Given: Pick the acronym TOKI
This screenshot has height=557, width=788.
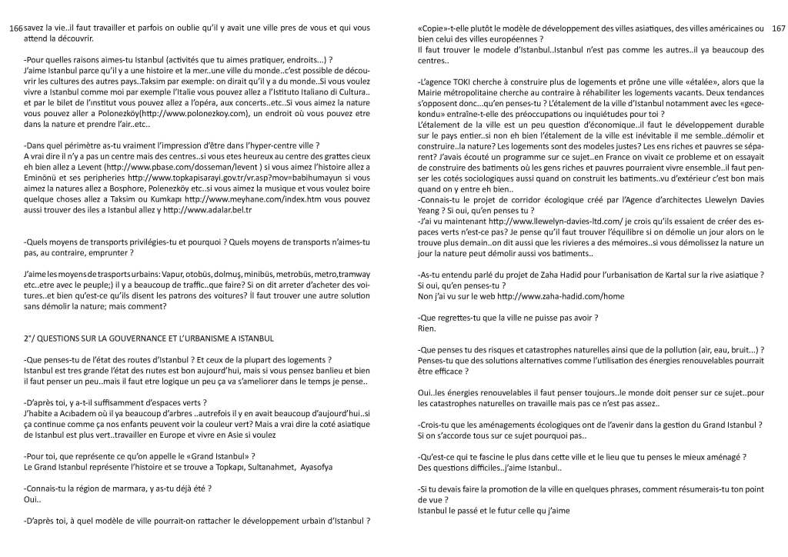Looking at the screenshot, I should [466, 81].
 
